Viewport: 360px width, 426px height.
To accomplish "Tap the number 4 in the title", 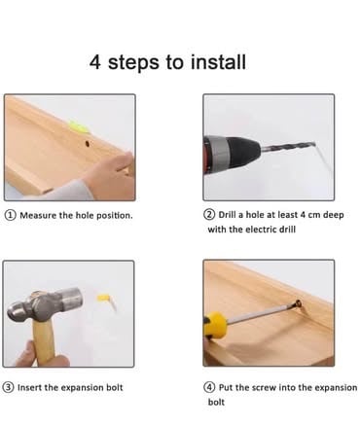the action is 95,62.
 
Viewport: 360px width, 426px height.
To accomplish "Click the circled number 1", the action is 11,215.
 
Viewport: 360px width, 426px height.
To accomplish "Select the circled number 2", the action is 209,215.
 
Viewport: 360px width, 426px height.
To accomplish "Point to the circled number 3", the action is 8,387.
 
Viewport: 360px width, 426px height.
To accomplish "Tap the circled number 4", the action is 209,387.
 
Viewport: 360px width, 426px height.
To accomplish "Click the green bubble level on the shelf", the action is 79,126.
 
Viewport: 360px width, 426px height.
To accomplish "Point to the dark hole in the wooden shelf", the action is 87,144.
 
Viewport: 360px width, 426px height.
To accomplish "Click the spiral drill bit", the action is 288,147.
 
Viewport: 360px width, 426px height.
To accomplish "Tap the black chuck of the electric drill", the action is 243,150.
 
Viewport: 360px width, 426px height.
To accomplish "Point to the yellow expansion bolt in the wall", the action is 104,299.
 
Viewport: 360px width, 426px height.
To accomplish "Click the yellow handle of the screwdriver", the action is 215,326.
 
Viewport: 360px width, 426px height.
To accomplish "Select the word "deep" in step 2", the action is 333,215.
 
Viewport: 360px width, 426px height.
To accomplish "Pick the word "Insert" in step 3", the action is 29,387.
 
